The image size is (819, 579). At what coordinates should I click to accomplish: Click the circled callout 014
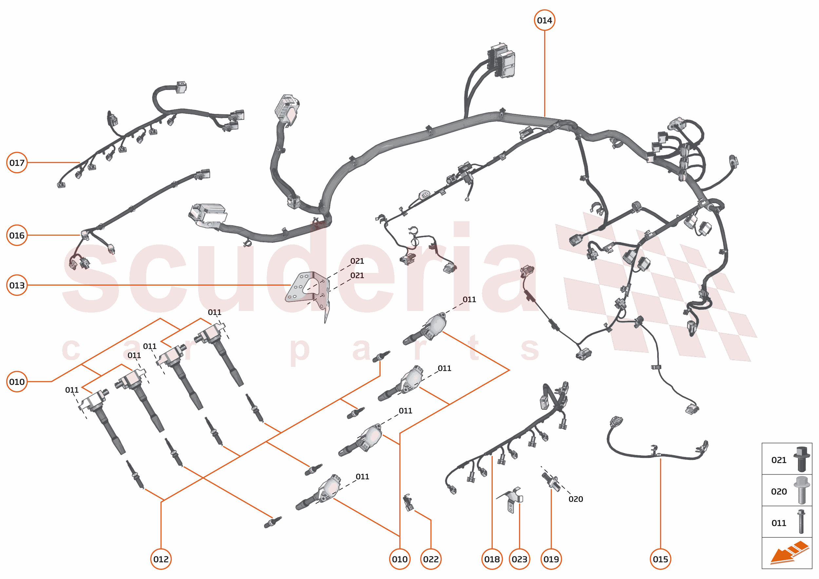coord(544,20)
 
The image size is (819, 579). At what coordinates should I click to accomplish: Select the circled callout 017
coord(17,163)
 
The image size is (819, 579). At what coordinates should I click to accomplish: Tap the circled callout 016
coord(17,235)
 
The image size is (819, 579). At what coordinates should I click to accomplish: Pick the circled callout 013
coord(17,285)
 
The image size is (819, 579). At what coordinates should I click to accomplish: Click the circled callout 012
coord(161,559)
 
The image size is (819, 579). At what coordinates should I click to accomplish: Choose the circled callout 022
coord(431,559)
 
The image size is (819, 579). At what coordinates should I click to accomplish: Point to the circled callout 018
coord(492,559)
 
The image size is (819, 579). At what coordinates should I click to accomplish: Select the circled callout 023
coord(519,559)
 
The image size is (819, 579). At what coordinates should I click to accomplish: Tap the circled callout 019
coord(551,559)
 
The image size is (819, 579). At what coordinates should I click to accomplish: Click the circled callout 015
coord(660,559)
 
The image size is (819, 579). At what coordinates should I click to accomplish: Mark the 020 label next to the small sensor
coord(576,499)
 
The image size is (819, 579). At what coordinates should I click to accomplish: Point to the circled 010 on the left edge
coord(17,382)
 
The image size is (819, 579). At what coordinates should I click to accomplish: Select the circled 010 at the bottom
coord(399,559)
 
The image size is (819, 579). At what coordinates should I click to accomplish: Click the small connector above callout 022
coord(408,503)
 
